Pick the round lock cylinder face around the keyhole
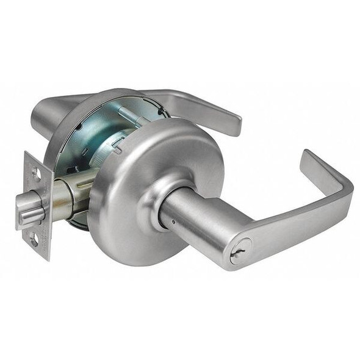(x=240, y=251)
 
